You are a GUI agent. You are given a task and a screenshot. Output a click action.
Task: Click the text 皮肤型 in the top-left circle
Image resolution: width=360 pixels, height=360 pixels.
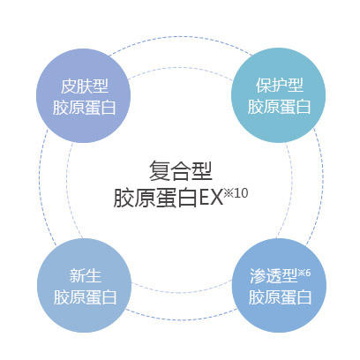(x=85, y=86)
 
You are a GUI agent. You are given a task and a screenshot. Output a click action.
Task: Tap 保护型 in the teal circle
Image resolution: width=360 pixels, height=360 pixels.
(x=280, y=85)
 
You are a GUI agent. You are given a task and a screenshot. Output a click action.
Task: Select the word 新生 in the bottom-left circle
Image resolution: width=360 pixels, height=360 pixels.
(x=86, y=276)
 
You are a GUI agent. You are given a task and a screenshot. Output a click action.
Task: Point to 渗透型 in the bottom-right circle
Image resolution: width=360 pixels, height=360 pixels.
(x=274, y=276)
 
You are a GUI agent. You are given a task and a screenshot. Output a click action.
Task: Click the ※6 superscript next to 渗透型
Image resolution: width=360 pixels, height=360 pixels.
(x=304, y=273)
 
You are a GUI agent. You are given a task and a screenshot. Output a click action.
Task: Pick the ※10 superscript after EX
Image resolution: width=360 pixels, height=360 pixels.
(x=236, y=193)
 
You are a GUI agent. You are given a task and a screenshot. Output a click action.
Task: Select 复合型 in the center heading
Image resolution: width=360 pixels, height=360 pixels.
(x=181, y=171)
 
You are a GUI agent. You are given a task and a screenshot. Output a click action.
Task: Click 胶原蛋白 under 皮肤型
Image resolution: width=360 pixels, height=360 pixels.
(x=85, y=108)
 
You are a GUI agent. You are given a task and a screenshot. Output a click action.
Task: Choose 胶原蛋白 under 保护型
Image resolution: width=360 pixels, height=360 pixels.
(x=279, y=106)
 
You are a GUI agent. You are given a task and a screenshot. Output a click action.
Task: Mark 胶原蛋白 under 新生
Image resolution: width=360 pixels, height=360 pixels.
(x=86, y=297)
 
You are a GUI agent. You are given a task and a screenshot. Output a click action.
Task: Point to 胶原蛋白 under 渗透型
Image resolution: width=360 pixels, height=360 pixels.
(x=280, y=297)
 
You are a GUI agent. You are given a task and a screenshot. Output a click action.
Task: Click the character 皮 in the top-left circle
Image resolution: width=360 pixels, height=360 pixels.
(x=69, y=86)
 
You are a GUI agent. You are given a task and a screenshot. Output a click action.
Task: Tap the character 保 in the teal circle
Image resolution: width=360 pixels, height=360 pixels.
(x=264, y=85)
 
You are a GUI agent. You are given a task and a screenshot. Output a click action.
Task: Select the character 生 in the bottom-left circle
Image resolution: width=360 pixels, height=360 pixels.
(x=94, y=276)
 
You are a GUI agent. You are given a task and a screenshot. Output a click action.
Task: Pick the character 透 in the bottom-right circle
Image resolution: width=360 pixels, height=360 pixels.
(x=274, y=276)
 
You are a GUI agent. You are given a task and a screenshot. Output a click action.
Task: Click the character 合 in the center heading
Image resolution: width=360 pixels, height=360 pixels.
(x=181, y=171)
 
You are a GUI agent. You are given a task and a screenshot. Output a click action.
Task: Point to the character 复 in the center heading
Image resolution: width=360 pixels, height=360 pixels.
(x=160, y=171)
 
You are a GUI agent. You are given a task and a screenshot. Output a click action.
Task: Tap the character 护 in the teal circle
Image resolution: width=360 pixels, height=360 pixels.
(x=280, y=85)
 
